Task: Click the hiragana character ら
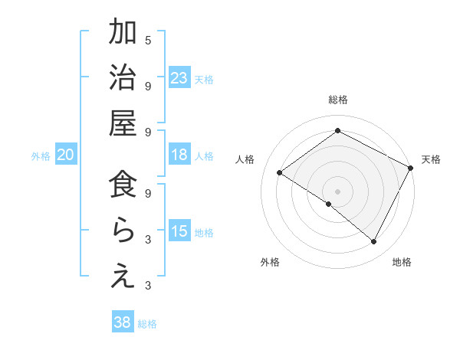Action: coord(123,231)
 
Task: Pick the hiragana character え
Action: coord(123,277)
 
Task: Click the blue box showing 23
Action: coord(179,78)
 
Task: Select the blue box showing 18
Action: coord(179,155)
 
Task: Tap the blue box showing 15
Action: coord(179,231)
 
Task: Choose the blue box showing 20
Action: coord(65,155)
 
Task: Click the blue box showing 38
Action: coord(122,322)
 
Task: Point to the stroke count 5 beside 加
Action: coord(148,39)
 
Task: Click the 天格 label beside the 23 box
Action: coord(204,79)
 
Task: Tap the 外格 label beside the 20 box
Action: coord(41,155)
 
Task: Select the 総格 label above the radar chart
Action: coord(338,100)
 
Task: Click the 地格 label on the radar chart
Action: coord(402,262)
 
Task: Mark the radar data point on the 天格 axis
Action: coord(411,169)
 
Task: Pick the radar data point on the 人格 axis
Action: coord(280,173)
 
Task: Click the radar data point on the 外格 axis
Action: coord(329,204)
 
